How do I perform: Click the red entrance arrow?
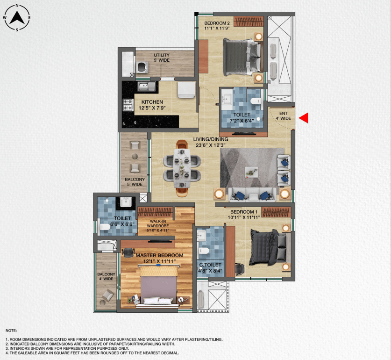coord(304,118)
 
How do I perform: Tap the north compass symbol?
coord(17,18)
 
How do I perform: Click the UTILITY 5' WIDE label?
coord(162,58)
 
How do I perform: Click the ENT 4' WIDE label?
coord(283,115)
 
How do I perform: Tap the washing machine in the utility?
coord(142,66)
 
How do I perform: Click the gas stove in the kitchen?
coord(128,104)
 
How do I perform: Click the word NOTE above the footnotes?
coord(11,330)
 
